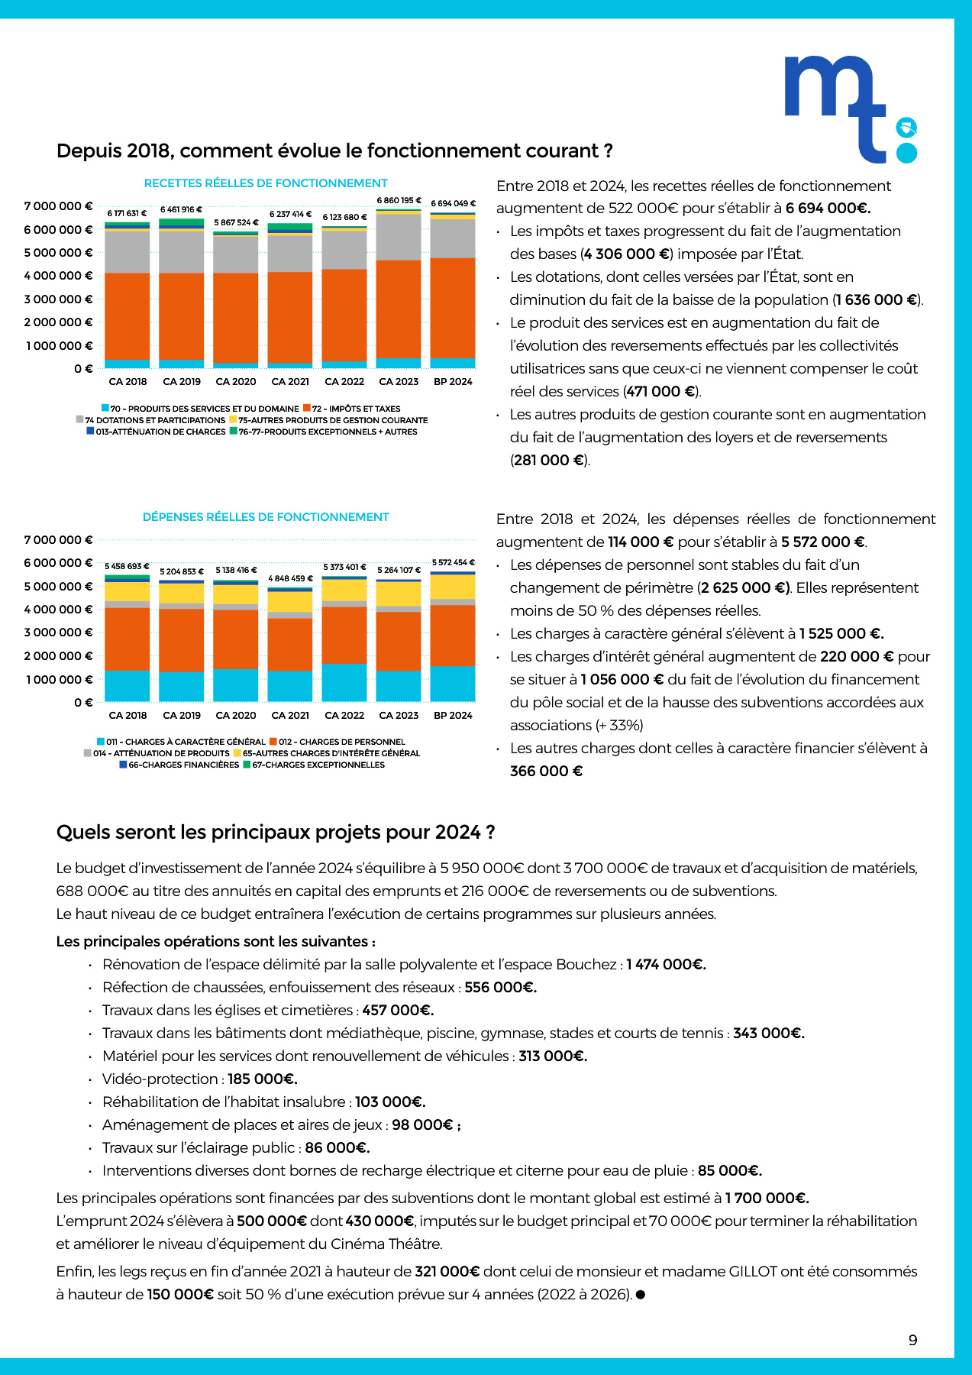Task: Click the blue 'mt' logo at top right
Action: tap(851, 109)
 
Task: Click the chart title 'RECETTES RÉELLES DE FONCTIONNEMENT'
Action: tap(266, 183)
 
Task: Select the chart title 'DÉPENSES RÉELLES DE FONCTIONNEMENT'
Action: tap(266, 517)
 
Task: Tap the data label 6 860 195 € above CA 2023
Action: tap(399, 200)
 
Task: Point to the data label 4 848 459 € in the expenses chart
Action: tap(290, 578)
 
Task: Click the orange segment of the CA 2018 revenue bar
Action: tap(127, 316)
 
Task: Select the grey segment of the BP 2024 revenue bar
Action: tap(453, 238)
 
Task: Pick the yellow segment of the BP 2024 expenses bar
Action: tap(453, 587)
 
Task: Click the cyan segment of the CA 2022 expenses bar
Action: tap(344, 683)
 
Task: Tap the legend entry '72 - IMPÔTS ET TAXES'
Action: tap(352, 409)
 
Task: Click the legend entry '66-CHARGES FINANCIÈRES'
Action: tap(179, 765)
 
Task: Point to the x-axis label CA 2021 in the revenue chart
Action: tap(290, 382)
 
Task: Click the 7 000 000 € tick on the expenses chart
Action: tap(59, 540)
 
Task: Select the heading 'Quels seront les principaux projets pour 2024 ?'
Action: tap(276, 832)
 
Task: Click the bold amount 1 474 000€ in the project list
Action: tap(666, 964)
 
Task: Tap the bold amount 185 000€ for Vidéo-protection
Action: tap(263, 1079)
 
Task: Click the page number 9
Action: tap(913, 1340)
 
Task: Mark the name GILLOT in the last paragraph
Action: tap(753, 1271)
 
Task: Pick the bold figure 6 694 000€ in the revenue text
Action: tap(828, 209)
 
